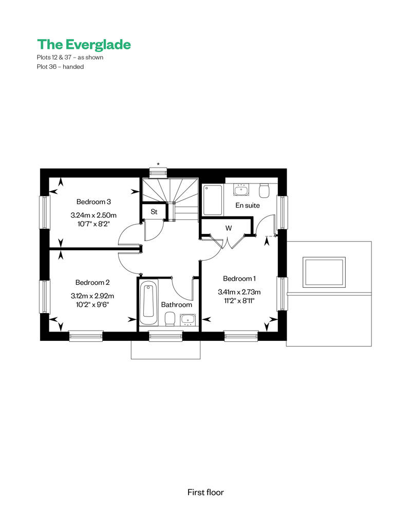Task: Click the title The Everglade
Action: pyautogui.click(x=84, y=44)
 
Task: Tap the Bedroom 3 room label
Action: pyautogui.click(x=94, y=202)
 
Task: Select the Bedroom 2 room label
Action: pyautogui.click(x=92, y=283)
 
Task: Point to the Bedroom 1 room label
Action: pyautogui.click(x=239, y=279)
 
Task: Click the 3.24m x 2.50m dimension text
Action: pyautogui.click(x=94, y=215)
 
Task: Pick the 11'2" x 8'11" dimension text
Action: pyautogui.click(x=239, y=301)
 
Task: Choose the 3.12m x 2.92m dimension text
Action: pyautogui.click(x=92, y=296)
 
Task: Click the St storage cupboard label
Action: pyautogui.click(x=154, y=212)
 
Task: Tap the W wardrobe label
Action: pyautogui.click(x=229, y=228)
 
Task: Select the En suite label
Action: pyautogui.click(x=248, y=205)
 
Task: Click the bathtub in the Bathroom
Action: pyautogui.click(x=148, y=303)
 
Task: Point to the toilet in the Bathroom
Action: pyautogui.click(x=170, y=319)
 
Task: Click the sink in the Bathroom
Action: pyautogui.click(x=188, y=320)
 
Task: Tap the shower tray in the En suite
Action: pyautogui.click(x=213, y=200)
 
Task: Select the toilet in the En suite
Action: pyautogui.click(x=264, y=191)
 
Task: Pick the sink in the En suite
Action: pyautogui.click(x=241, y=190)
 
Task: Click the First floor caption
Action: pyautogui.click(x=206, y=492)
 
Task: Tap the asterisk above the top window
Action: pyautogui.click(x=158, y=164)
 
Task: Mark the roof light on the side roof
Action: pyautogui.click(x=325, y=272)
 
